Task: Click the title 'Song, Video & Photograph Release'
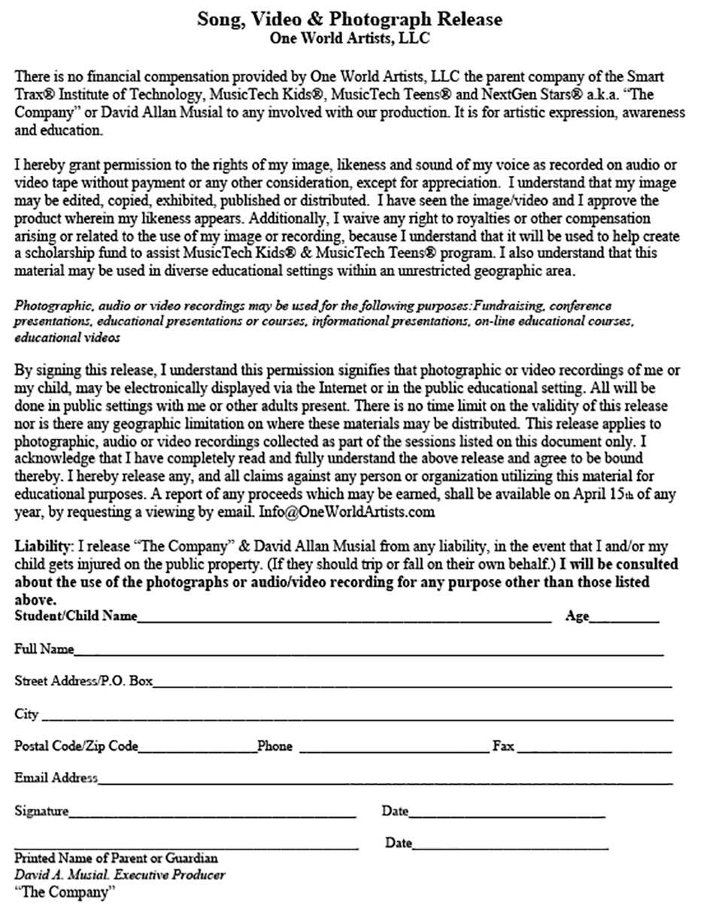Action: [350, 19]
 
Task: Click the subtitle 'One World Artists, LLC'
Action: [350, 38]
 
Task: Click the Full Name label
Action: [44, 648]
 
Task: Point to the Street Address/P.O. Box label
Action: [83, 681]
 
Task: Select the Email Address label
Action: [56, 778]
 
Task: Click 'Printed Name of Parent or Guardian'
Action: [117, 858]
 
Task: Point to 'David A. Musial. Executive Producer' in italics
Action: [120, 875]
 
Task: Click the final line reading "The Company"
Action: [65, 893]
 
